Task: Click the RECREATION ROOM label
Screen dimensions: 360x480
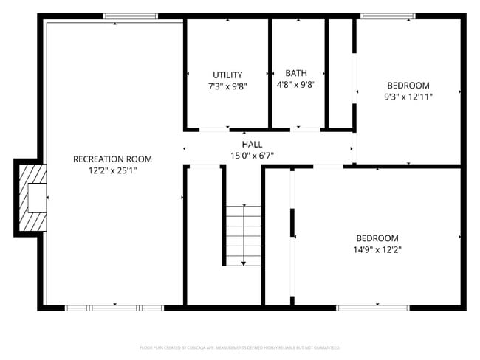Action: pos(112,159)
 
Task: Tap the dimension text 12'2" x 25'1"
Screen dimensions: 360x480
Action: pos(112,170)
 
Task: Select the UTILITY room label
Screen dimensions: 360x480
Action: pos(227,75)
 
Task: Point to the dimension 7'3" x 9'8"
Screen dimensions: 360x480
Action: pos(227,86)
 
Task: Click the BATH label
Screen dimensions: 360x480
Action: pos(296,73)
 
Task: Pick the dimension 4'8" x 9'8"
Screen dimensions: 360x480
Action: pos(296,84)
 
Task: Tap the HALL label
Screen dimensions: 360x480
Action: pos(252,144)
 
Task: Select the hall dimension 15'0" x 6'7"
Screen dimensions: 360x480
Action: pos(252,155)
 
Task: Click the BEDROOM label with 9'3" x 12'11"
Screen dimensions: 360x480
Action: pos(408,85)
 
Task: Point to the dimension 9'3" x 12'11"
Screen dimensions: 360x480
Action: pos(408,96)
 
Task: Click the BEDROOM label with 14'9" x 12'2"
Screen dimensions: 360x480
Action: pos(377,238)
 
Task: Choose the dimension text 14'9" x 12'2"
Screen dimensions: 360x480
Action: pos(377,249)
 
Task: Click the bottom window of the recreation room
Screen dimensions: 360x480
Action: pos(114,308)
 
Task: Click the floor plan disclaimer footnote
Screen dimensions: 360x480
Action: pos(239,347)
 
